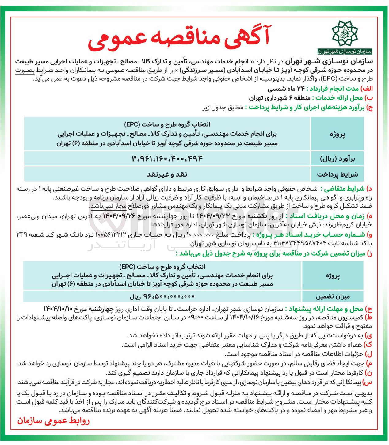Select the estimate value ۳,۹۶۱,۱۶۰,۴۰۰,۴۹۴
167,158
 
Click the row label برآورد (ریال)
337,159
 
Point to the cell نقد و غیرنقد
167,174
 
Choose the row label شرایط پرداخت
337,174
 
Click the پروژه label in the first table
337,134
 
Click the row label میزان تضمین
333,296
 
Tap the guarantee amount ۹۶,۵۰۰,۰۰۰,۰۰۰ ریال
162,296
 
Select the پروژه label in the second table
333,276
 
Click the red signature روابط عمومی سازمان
53,421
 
